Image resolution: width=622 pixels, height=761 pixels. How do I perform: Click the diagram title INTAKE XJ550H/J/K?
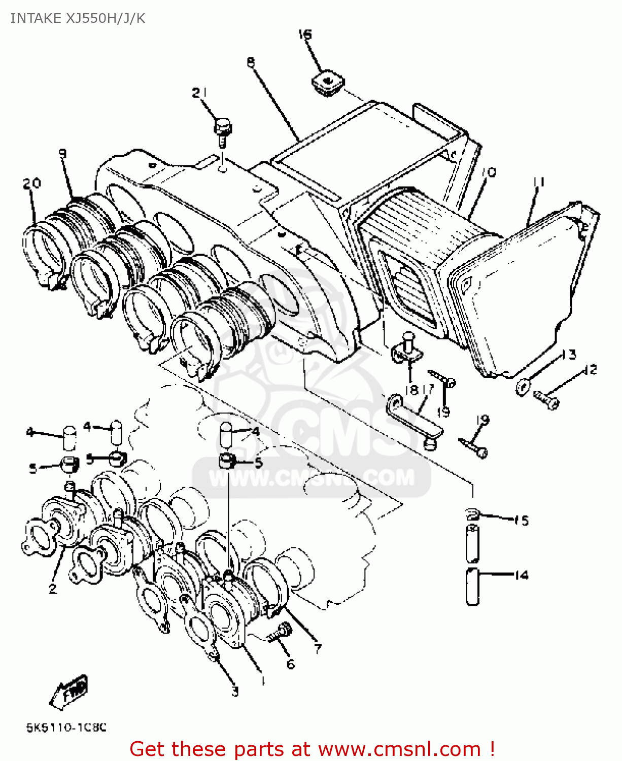click(78, 18)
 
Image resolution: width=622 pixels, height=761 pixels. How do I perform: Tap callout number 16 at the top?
click(305, 34)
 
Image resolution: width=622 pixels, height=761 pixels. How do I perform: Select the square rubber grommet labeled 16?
click(327, 83)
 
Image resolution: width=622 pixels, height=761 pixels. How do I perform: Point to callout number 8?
click(251, 62)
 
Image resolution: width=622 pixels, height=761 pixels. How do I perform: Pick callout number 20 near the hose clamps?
click(31, 183)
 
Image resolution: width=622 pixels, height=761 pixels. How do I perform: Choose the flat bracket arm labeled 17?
click(413, 419)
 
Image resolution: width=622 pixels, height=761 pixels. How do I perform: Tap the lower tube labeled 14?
click(472, 586)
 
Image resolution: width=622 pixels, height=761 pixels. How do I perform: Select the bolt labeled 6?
click(280, 634)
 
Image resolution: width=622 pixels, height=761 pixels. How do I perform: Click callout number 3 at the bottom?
click(235, 691)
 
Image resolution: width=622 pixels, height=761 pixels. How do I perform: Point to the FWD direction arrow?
click(70, 693)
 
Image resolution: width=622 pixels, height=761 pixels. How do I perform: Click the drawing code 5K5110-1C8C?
click(66, 728)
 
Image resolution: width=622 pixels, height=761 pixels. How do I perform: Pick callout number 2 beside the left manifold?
click(52, 589)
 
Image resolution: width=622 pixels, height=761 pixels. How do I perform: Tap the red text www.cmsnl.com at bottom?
click(399, 749)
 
